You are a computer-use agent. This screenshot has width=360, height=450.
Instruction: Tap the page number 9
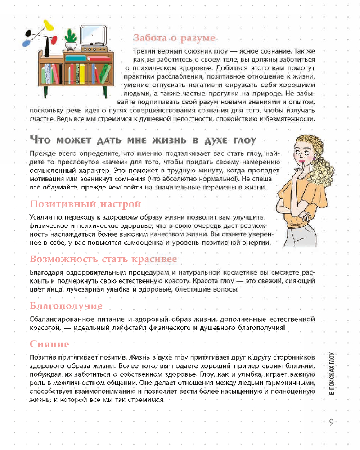coord(331,422)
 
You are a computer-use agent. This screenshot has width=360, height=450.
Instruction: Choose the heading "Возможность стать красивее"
coord(103,260)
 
